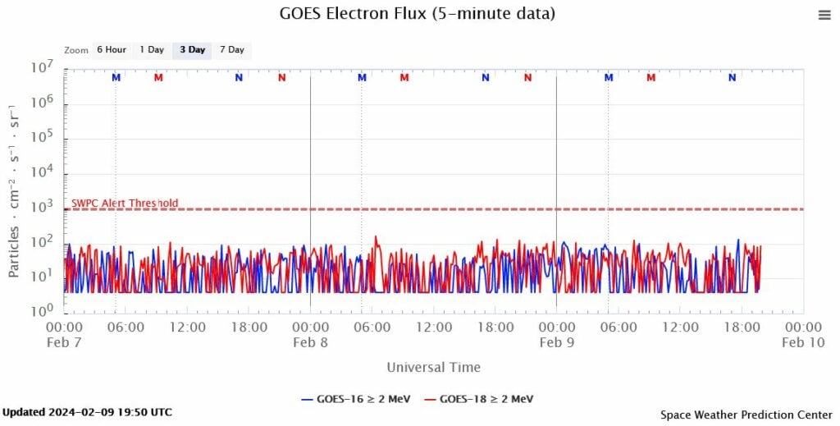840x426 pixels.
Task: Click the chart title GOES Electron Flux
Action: (x=418, y=14)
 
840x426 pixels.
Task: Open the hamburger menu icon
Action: (x=824, y=15)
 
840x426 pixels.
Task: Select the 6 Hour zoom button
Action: (x=111, y=50)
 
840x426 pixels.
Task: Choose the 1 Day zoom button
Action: (x=152, y=50)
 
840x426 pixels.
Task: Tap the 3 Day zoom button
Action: (x=192, y=50)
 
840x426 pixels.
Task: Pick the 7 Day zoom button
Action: (x=231, y=50)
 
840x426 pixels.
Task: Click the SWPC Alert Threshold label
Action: (x=125, y=204)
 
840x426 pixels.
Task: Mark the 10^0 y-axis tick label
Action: (x=42, y=312)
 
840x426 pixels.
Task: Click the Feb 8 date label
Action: (x=310, y=343)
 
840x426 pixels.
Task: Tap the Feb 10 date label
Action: (x=803, y=343)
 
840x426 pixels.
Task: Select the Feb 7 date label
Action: (x=66, y=343)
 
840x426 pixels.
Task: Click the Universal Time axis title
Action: (x=434, y=367)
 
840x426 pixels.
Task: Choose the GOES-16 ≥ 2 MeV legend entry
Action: (x=356, y=399)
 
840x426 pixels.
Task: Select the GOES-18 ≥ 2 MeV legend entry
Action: (x=479, y=399)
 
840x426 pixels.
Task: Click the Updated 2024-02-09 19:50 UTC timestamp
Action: (x=87, y=411)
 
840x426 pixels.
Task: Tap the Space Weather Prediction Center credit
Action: (x=746, y=415)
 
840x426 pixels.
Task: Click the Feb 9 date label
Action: (x=557, y=343)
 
